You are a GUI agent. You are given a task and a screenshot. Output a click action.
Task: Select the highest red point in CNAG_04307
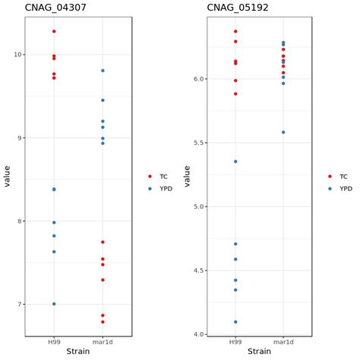coord(54,31)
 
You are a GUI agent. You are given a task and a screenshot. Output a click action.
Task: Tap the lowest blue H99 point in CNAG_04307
coord(54,304)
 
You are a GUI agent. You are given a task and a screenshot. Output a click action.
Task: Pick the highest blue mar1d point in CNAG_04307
coord(103,71)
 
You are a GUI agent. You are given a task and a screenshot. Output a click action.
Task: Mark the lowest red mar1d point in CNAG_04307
coord(103,322)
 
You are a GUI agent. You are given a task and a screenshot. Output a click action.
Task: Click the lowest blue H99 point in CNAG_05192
coord(235,322)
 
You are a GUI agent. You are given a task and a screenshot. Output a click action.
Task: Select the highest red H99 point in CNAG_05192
coord(235,31)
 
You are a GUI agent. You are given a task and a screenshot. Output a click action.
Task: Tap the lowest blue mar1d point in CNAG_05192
coord(283,132)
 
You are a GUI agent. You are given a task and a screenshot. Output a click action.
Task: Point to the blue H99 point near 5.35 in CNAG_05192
coord(235,162)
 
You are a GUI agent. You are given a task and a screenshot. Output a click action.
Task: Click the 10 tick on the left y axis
coord(17,55)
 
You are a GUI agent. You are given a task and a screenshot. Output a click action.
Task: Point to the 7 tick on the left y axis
coord(18,305)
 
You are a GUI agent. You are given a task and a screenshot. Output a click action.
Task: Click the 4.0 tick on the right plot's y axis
coord(195,334)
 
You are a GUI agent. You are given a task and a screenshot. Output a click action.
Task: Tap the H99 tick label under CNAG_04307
coord(54,343)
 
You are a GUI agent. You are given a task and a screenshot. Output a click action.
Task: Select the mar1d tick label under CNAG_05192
coord(283,343)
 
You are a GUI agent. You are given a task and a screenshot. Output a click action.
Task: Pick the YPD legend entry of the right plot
coord(341,188)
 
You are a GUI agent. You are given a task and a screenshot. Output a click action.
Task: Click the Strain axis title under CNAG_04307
coord(77,352)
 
